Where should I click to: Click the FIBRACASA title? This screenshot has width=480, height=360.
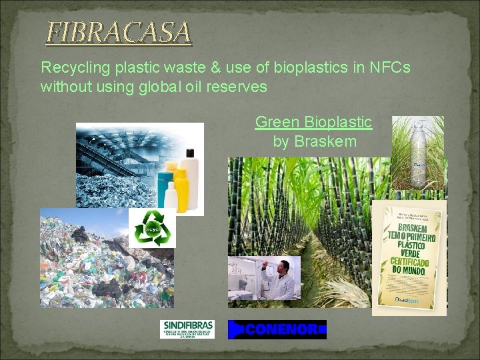point(118,32)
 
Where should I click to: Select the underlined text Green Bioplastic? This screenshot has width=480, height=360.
point(313,122)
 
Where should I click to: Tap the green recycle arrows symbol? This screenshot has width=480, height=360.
point(152,227)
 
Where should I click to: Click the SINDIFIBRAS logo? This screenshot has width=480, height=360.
point(187,329)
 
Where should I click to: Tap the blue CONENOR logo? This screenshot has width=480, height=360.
point(277,329)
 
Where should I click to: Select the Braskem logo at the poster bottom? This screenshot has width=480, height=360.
point(409,299)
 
